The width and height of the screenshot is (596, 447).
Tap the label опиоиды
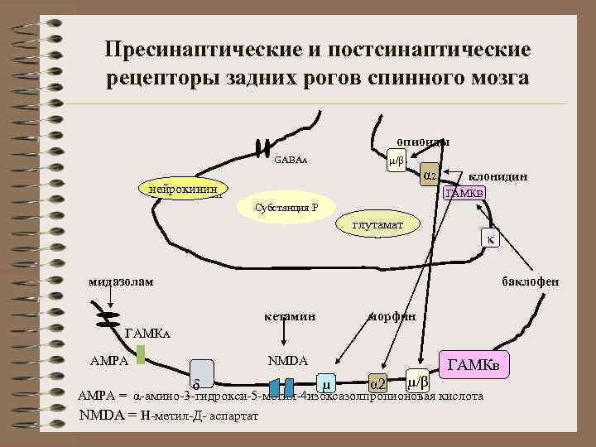pyautogui.click(x=422, y=142)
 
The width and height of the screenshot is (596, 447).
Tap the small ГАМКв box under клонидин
pyautogui.click(x=464, y=193)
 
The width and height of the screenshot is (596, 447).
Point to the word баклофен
pyautogui.click(x=531, y=281)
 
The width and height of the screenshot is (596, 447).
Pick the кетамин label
pyautogui.click(x=289, y=316)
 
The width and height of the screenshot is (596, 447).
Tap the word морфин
pyautogui.click(x=391, y=316)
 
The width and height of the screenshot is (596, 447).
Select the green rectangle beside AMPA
pyautogui.click(x=141, y=354)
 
